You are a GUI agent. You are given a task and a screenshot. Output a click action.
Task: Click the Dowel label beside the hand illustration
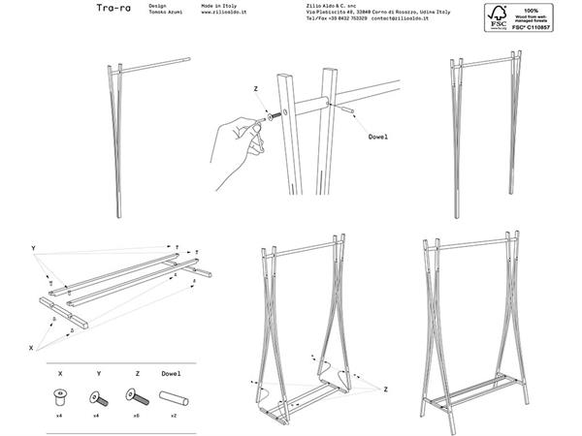click(x=377, y=138)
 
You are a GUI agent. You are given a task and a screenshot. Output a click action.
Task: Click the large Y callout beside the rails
click(x=34, y=249)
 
